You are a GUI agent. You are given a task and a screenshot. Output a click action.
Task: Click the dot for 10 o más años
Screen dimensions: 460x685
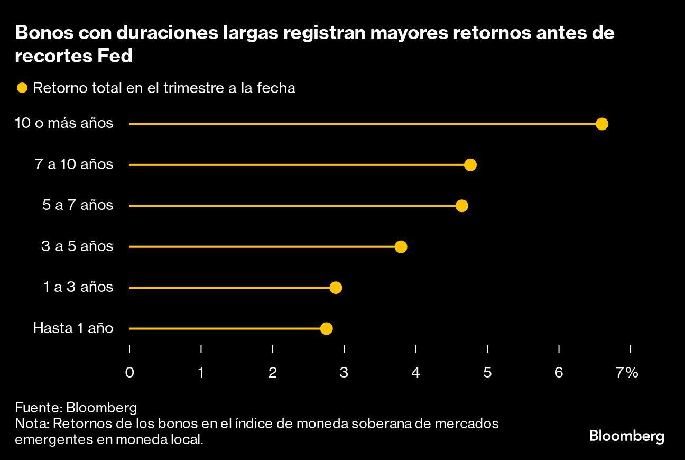601,124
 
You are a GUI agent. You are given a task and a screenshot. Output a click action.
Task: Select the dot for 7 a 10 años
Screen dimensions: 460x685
470,165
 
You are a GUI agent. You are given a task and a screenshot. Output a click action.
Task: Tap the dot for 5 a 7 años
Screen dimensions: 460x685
461,206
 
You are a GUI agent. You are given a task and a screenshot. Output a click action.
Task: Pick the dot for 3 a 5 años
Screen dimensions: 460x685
401,246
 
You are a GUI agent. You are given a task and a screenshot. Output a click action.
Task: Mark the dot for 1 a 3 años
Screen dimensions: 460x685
336,288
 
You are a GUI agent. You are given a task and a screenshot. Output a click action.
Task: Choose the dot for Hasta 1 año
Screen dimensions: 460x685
326,328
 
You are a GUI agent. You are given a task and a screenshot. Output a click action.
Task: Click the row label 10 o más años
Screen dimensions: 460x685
64,123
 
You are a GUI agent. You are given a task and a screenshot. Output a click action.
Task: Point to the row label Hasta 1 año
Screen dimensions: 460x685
73,328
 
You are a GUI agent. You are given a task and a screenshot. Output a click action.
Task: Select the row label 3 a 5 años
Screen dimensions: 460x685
77,246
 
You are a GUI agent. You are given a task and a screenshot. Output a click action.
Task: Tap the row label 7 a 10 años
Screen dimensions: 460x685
74,164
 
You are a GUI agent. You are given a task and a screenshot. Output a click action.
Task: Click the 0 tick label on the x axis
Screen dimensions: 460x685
129,373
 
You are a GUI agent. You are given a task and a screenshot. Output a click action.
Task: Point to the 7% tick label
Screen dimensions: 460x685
627,373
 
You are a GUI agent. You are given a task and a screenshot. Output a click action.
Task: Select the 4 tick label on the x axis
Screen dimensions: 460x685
416,373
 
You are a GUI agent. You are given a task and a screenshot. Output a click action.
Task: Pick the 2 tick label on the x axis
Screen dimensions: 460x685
273,373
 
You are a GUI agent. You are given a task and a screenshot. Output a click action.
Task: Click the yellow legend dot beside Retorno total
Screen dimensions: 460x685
22,88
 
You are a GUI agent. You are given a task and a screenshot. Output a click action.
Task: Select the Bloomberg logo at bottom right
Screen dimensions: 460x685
626,437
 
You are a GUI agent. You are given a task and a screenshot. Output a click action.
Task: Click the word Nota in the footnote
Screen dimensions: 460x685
31,424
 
